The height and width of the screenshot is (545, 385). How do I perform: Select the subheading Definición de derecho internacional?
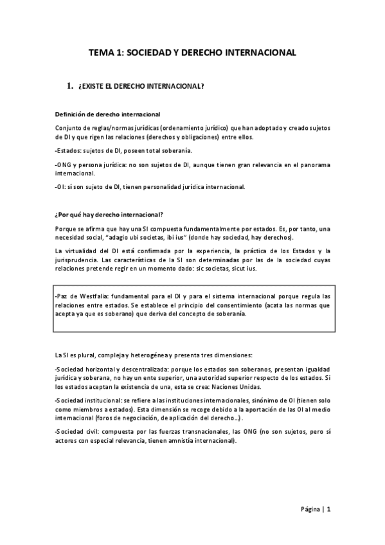click(107, 114)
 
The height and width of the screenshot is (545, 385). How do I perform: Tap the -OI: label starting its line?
click(62, 187)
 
